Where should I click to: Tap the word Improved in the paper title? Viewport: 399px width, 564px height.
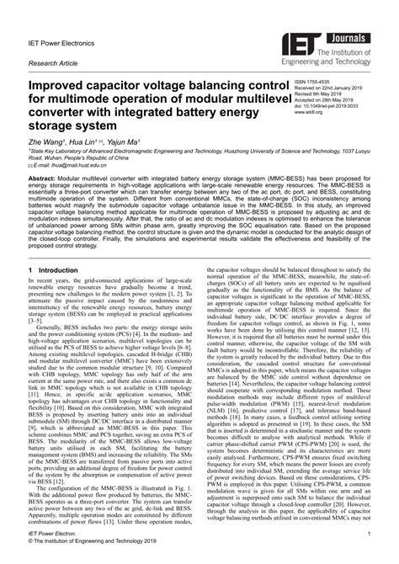[63, 87]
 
